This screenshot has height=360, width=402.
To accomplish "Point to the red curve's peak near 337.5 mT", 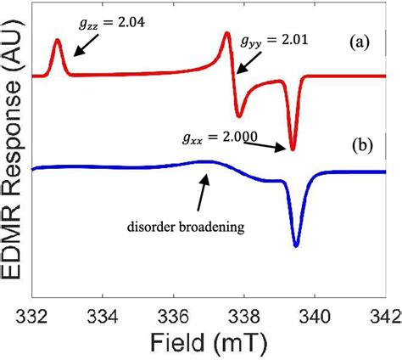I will point(226,33).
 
